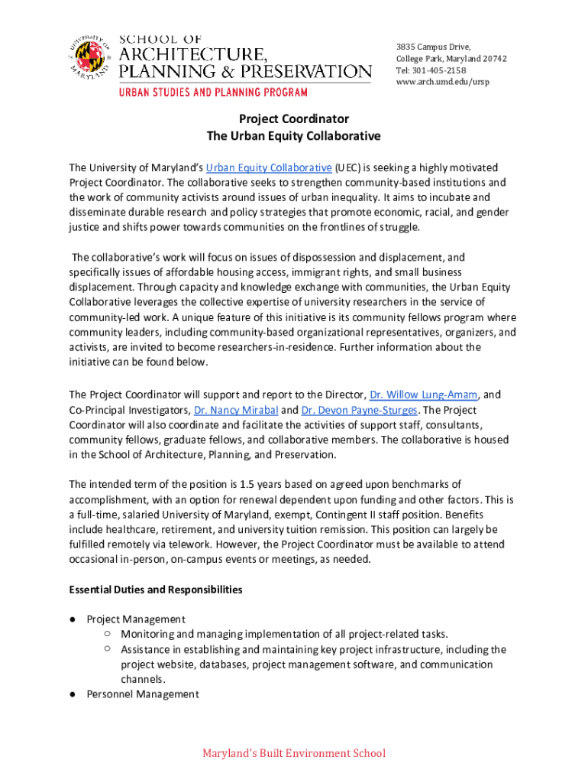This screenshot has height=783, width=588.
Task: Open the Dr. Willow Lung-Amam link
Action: [x=424, y=395]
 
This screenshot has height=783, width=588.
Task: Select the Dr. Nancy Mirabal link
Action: [x=236, y=410]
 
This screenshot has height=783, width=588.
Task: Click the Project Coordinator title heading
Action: [x=294, y=119]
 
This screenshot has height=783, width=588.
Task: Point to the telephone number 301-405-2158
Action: [x=438, y=70]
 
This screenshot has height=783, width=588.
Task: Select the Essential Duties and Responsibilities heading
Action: [x=156, y=590]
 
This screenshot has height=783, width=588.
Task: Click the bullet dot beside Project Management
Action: [x=73, y=619]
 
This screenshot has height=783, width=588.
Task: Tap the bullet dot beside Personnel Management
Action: [x=73, y=694]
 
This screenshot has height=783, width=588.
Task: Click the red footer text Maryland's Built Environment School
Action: [x=294, y=754]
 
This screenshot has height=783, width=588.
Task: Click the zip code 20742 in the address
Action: [x=493, y=59]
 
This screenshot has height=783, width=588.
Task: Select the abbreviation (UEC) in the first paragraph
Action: [x=347, y=167]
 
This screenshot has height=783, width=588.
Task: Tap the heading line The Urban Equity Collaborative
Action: [x=294, y=137]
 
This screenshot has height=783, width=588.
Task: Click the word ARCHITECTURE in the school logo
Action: [x=192, y=54]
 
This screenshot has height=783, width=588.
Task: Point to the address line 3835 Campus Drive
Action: [x=433, y=47]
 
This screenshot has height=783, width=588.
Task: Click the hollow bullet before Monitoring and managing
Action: [x=108, y=634]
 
